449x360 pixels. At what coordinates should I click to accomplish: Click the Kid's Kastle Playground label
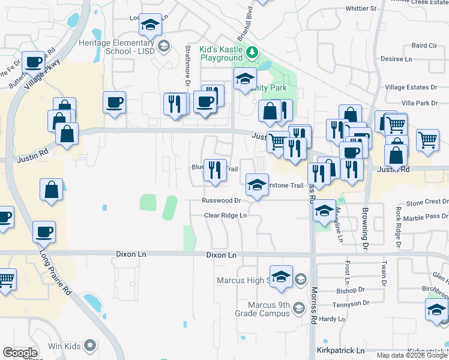pos(221,53)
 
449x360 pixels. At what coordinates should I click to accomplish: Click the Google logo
pos(20,353)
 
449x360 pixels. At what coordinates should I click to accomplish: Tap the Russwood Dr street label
pos(221,201)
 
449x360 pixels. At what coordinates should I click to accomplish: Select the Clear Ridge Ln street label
pos(225,215)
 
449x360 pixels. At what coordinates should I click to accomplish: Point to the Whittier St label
pos(360,9)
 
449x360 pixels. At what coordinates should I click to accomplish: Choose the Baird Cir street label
pos(424,46)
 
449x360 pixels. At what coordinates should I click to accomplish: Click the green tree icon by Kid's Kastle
pos(253,52)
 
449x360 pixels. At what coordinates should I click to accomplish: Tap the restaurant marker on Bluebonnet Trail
pos(214,170)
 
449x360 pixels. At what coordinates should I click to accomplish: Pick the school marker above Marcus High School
pos(281,277)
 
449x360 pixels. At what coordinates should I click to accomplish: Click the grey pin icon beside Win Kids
pos(90,345)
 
